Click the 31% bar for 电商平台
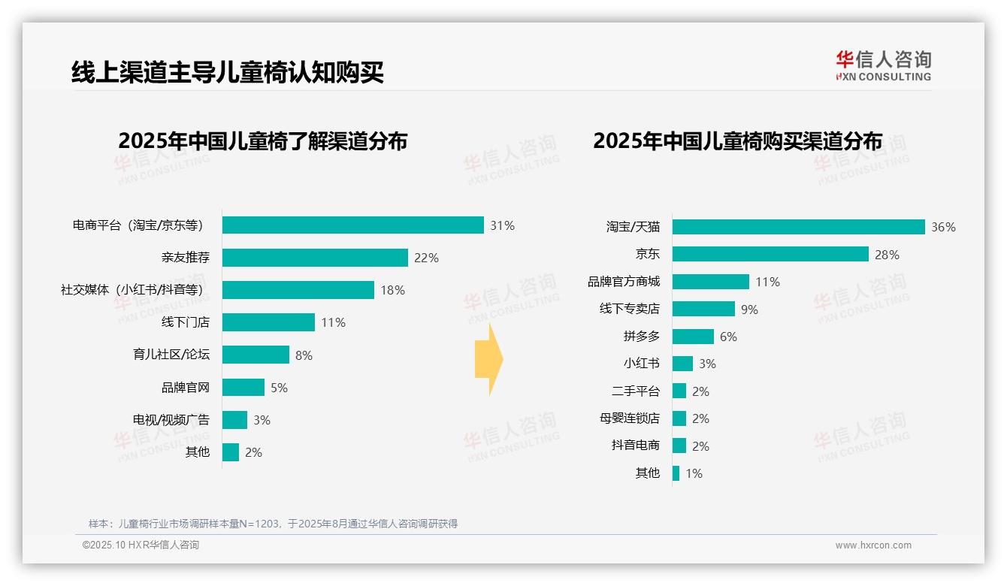(352, 225)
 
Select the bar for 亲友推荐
(315, 258)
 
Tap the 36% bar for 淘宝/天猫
(798, 227)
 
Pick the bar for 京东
(770, 254)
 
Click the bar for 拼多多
(693, 337)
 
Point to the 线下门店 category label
(186, 322)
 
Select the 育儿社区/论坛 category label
(171, 355)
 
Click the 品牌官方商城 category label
(624, 282)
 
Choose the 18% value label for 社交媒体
(392, 290)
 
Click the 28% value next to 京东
(887, 255)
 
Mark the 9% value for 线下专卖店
(749, 310)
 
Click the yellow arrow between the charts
(488, 359)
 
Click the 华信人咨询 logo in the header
(883, 66)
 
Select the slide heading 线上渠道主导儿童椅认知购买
(228, 72)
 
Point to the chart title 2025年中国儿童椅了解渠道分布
(262, 140)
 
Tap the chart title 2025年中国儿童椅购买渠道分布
(737, 140)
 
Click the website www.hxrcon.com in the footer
(873, 545)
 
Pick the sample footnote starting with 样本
(273, 524)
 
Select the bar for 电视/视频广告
(234, 420)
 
